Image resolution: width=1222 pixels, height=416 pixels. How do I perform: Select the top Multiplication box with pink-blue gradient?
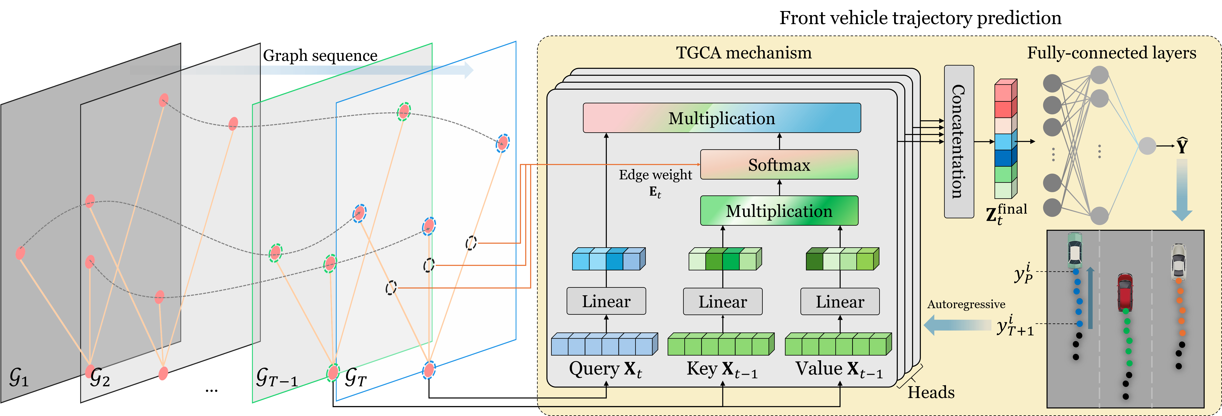(721, 118)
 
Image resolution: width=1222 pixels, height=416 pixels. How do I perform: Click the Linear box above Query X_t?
(606, 301)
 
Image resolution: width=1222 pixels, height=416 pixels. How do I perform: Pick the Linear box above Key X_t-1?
(723, 301)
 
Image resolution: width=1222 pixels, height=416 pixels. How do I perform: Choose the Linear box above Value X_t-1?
(840, 301)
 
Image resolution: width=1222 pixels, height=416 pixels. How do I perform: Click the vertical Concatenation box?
(959, 142)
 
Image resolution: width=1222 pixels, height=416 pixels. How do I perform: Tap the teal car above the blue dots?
(1075, 250)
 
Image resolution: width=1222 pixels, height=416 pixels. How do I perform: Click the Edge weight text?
(655, 175)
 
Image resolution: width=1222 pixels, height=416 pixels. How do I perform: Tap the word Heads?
(931, 392)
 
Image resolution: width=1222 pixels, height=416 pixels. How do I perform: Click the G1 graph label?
(19, 378)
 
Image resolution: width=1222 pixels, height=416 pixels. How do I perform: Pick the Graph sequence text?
(320, 56)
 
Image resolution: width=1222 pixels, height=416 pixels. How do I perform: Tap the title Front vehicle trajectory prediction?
(920, 18)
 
